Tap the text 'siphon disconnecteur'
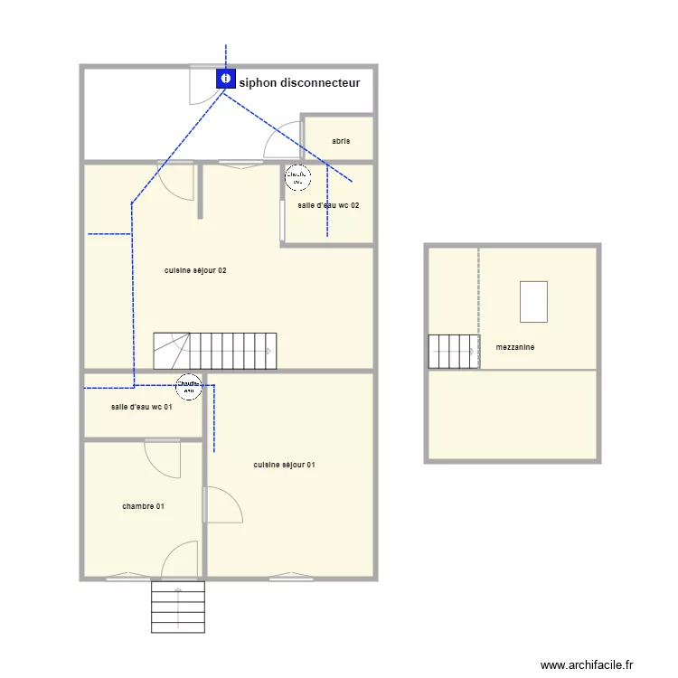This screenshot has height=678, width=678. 299,83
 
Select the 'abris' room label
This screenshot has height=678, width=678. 341,141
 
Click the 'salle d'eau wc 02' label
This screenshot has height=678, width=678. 328,205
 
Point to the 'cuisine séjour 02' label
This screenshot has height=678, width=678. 194,270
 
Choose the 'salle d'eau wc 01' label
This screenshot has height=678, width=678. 141,407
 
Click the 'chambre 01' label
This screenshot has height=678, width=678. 143,506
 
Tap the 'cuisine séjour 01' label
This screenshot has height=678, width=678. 284,465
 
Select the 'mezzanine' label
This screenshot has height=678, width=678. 514,346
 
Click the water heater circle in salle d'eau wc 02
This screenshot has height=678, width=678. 297,177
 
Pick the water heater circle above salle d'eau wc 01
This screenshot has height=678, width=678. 189,386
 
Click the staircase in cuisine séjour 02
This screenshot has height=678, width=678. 214,351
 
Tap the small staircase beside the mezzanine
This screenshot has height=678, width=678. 453,352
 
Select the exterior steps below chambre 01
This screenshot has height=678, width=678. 178,607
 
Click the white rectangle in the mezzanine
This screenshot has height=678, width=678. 533,302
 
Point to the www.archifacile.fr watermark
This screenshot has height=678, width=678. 587,664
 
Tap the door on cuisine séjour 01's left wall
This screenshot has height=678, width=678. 222,504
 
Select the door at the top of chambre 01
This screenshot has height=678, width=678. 165,457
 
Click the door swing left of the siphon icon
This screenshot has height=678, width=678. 201,87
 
